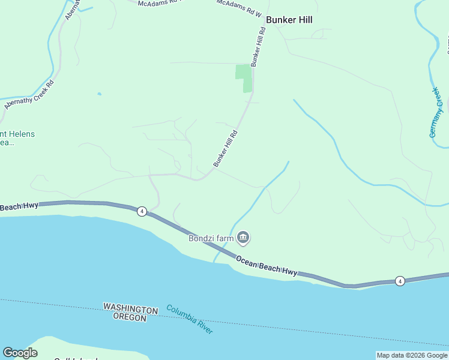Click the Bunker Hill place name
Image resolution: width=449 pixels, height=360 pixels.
pos(289,19)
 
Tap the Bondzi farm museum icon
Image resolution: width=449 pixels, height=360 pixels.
pos(244,238)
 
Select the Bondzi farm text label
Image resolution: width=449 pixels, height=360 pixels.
pos(211,238)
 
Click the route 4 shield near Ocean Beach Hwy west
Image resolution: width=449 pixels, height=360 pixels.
pos(142,211)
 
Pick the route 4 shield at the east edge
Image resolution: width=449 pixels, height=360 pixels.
pos(399,281)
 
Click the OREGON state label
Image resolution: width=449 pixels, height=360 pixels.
pos(129,317)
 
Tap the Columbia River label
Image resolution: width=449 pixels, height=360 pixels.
pos(190,319)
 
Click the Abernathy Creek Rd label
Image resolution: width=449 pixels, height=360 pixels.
pos(29,94)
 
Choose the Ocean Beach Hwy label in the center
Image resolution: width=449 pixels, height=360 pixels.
pos(266,266)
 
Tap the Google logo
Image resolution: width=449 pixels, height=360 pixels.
pos(20,353)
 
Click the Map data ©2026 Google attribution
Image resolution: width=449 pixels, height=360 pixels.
pos(412,355)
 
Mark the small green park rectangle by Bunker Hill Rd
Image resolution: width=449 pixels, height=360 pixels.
pos(244,78)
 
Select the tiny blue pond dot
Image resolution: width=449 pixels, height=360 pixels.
pos(99,94)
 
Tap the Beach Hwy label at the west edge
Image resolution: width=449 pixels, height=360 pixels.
pos(19,207)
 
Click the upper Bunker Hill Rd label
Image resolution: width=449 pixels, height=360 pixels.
pos(258,47)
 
